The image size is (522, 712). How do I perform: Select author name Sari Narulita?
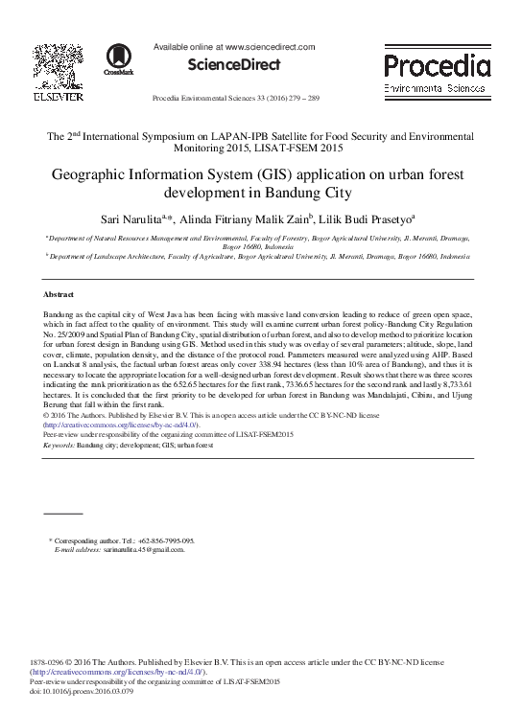144,218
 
